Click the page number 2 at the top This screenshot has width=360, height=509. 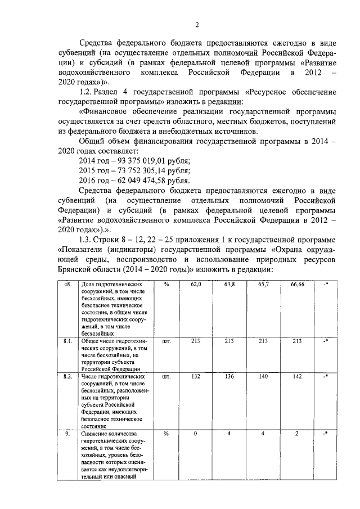(197, 24)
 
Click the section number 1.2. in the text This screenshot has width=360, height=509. (89, 92)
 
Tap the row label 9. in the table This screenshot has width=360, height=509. (67, 434)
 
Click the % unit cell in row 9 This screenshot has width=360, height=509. (166, 434)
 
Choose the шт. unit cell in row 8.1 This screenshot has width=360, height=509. (166, 341)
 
